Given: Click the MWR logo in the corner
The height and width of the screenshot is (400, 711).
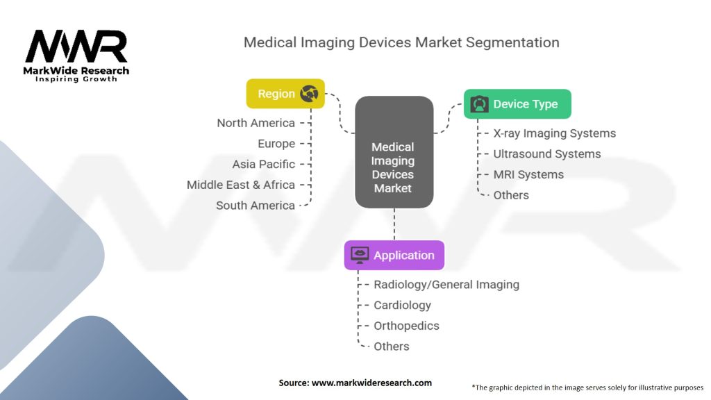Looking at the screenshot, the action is tap(76, 56).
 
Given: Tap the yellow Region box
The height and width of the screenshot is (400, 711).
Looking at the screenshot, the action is tap(285, 94).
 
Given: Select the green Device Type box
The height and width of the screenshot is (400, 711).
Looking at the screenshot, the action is tap(517, 104).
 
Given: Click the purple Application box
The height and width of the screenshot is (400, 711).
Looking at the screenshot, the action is tap(394, 255).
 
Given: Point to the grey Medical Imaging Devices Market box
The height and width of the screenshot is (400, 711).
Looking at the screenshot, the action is tap(394, 152).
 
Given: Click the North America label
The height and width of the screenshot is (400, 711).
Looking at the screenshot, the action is tap(256, 123).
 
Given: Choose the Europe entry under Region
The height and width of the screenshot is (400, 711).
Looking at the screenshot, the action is tap(276, 144).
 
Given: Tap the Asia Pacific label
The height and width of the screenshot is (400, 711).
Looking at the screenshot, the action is tap(263, 164).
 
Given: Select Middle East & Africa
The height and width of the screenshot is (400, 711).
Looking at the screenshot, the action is tap(241, 185).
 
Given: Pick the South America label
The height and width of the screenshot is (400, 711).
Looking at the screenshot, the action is tap(256, 206).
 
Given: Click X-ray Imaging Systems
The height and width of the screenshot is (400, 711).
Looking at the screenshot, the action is tap(555, 133).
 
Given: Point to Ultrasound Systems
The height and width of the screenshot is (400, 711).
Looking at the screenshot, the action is tap(547, 154).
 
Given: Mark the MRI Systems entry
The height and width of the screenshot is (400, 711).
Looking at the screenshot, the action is tap(528, 174).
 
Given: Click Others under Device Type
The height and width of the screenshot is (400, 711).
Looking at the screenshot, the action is tap(511, 195).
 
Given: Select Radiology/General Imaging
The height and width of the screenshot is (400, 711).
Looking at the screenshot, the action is tap(446, 285).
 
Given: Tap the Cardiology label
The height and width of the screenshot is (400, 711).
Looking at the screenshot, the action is tap(402, 306).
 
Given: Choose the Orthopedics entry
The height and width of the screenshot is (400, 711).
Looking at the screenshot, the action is tap(406, 326).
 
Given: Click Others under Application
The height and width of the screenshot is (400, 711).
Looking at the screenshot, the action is tap(392, 347).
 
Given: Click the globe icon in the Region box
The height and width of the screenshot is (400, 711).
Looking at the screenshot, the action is tap(309, 94).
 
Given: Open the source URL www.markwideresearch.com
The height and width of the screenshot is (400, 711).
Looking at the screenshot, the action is tap(371, 383).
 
